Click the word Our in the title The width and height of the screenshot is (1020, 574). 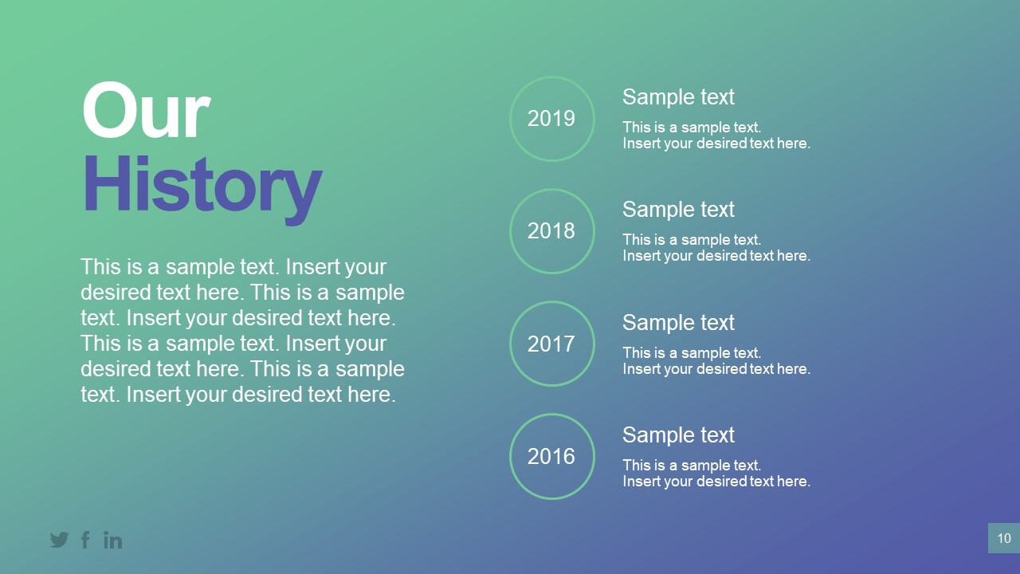coord(146,112)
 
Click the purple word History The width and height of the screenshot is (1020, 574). coord(202,186)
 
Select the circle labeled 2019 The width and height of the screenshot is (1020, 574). coord(551,119)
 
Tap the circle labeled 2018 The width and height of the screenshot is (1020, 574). coord(551,231)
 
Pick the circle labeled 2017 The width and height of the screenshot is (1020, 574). coord(551,344)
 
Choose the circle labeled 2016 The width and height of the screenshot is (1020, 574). coord(551,456)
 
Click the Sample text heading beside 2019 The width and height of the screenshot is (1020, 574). coord(678,97)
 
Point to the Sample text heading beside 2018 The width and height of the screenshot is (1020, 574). coord(678,210)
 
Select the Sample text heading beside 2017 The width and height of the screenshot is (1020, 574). coord(678,323)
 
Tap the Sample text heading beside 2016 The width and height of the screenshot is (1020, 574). coord(678,435)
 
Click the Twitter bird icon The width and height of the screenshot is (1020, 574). coord(59,540)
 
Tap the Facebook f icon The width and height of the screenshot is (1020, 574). coord(85,540)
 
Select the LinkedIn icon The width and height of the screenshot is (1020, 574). coord(113,540)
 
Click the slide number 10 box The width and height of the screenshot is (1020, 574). coord(1003,538)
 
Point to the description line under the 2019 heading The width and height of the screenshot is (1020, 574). coord(716,136)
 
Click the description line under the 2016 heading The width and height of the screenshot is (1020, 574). coord(716,474)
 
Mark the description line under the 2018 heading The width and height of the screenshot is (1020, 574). coord(716,248)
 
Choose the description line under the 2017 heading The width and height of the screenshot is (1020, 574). coord(716,361)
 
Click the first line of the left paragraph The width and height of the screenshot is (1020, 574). coord(233,267)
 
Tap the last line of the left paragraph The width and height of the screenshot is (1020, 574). coord(238,395)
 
